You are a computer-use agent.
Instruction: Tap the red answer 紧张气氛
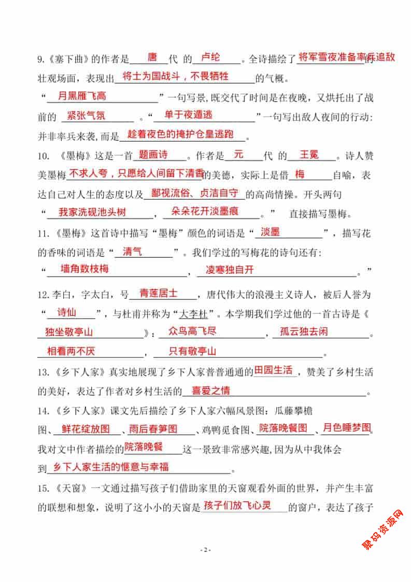86,115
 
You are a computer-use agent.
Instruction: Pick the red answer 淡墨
271,232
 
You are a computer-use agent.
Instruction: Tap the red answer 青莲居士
159,293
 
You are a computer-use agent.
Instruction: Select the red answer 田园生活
274,371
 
